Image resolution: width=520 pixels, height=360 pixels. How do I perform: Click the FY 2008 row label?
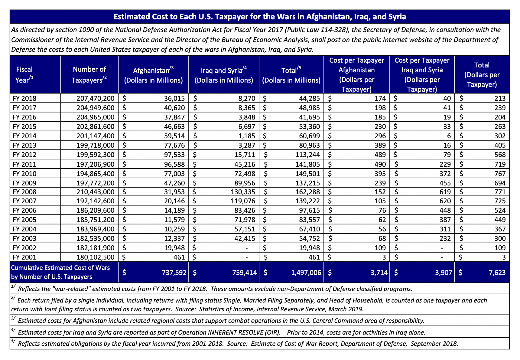[x=24, y=192]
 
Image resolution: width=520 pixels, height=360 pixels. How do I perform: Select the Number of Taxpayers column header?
[x=89, y=74]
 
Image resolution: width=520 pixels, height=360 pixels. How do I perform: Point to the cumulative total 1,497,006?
[x=306, y=273]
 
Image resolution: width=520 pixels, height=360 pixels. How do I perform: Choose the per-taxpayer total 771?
[x=500, y=192]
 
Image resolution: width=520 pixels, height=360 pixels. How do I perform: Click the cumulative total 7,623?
[x=497, y=273]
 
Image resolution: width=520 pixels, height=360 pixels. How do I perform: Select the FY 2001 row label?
[x=24, y=257]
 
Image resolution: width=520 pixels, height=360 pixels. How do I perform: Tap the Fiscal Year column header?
[x=24, y=74]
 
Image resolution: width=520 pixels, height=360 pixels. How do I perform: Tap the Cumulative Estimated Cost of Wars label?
[x=60, y=268]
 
